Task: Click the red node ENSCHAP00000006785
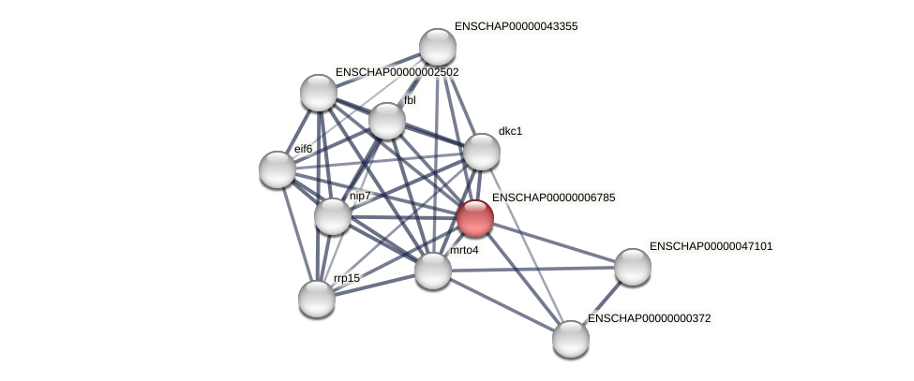coord(474,218)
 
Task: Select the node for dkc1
coord(481,152)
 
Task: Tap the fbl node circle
coord(386,121)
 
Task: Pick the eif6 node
coord(277,169)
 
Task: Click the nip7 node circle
coord(333,216)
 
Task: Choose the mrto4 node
coord(432,271)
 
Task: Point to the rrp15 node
coord(317,299)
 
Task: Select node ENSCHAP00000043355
coord(437,47)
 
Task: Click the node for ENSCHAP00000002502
coord(319,93)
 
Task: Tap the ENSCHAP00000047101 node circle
coord(633,267)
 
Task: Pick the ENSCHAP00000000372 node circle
coord(570,339)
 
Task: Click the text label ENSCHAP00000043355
coord(516,26)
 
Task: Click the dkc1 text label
coord(510,131)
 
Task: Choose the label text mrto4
coord(463,250)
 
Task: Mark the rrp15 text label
coord(346,278)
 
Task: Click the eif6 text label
coord(303,148)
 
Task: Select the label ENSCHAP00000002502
coord(397,72)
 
